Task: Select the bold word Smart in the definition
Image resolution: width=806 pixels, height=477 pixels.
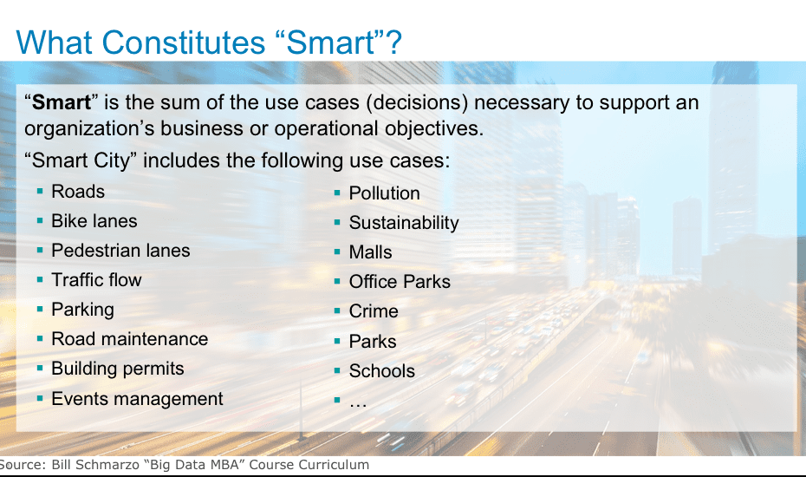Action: (62, 102)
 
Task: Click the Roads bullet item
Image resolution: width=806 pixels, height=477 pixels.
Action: (78, 192)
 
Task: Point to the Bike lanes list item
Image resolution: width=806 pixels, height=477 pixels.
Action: (94, 221)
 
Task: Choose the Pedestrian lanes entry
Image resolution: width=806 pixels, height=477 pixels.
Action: (120, 251)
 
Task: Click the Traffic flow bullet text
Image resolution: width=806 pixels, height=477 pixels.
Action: (97, 280)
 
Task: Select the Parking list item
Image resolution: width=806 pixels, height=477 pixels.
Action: (82, 310)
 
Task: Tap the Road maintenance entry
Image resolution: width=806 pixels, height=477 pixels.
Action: (130, 339)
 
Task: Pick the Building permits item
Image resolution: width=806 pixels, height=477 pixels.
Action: (118, 369)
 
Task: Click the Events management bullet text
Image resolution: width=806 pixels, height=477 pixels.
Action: (137, 399)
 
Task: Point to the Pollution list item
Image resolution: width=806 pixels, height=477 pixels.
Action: (385, 193)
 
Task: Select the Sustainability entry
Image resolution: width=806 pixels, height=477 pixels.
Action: (404, 223)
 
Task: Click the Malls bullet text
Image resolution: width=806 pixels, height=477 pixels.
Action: (371, 252)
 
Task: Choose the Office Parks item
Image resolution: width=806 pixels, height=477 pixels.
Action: (400, 282)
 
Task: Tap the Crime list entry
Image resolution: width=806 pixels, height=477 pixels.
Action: (374, 311)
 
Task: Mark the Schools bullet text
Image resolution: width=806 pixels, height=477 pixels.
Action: (382, 371)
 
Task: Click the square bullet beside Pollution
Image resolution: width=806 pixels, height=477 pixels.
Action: (337, 193)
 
